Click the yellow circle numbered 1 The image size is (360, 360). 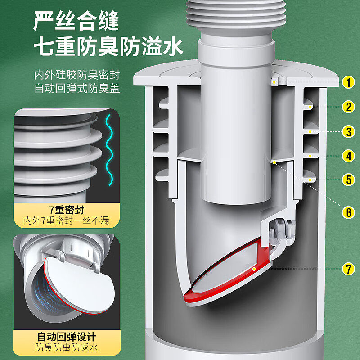pyautogui.click(x=348, y=82)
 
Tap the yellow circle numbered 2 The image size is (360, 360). pyautogui.click(x=348, y=107)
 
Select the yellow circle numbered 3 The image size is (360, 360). pyautogui.click(x=348, y=132)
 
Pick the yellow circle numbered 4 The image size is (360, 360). pyautogui.click(x=348, y=156)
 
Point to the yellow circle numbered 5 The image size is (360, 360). pyautogui.click(x=348, y=180)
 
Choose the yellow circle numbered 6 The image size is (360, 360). pyautogui.click(x=348, y=212)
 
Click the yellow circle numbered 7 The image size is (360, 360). pyautogui.click(x=348, y=269)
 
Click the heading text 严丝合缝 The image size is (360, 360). pyautogui.click(x=76, y=21)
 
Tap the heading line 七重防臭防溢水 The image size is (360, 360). pyautogui.click(x=108, y=47)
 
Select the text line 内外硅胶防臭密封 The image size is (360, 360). pyautogui.click(x=77, y=75)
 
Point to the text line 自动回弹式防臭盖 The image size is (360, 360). pyautogui.click(x=77, y=88)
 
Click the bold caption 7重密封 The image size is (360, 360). pyautogui.click(x=67, y=210)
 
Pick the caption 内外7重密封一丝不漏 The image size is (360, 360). pyautogui.click(x=66, y=220)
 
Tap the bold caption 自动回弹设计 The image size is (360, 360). pyautogui.click(x=67, y=337)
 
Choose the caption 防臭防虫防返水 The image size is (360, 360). pyautogui.click(x=67, y=347)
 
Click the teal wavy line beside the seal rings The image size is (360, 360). pyautogui.click(x=109, y=150)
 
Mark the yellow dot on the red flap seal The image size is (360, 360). pyautogui.click(x=254, y=269)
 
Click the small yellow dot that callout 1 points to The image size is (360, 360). pyautogui.click(x=274, y=82)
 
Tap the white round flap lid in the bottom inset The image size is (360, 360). pyautogui.click(x=79, y=285)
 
